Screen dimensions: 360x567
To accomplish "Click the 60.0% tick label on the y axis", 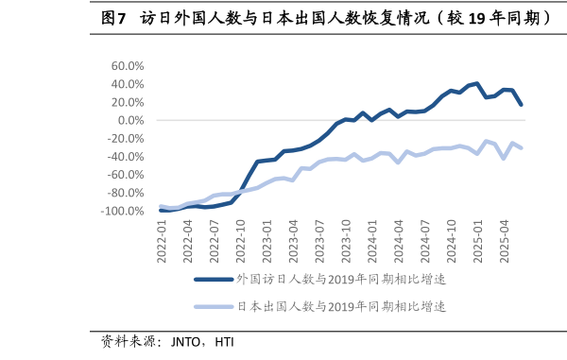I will coord(128,66).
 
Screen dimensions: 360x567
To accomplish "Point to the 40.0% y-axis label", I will coord(128,84).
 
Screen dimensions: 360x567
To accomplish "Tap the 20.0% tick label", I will coord(128,102).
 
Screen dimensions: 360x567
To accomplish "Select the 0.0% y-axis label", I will coord(130,120).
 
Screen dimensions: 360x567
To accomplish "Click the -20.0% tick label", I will coord(126,138).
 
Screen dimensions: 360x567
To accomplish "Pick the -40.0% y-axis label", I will coord(126,157).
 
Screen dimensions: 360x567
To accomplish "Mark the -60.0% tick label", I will coord(126,175).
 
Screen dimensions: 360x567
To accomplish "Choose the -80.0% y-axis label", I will coord(126,193).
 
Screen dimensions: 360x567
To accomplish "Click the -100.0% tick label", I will coord(123,211).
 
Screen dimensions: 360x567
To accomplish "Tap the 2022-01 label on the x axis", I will coord(163,237).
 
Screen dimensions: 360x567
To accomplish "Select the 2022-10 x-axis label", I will coord(241,237).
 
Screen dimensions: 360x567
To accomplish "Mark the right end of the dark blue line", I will coord(522,105).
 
